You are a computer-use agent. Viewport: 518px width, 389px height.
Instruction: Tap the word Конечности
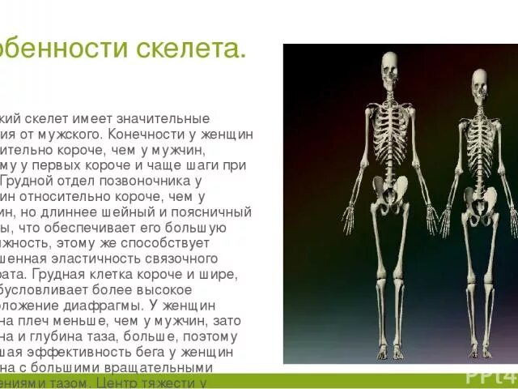tap(140, 135)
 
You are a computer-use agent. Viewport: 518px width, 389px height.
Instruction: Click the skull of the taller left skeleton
tap(389, 67)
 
